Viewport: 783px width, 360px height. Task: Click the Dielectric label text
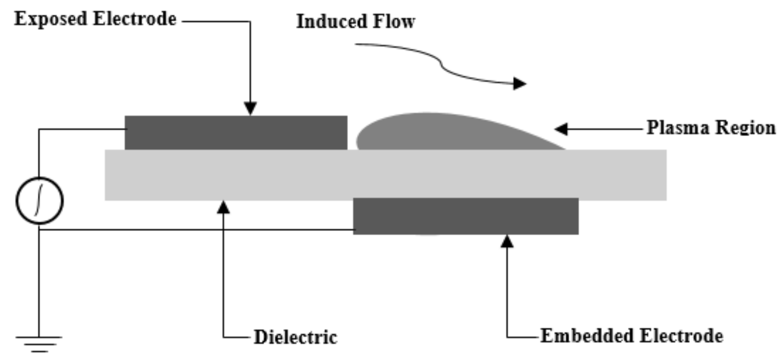click(295, 337)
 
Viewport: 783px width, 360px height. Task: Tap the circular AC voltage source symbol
click(40, 200)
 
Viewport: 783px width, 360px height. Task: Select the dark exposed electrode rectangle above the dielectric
click(236, 133)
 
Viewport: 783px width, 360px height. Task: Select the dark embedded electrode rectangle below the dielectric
click(465, 217)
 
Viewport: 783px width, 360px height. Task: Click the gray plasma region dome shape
click(435, 133)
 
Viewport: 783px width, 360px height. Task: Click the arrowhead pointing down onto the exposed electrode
click(250, 109)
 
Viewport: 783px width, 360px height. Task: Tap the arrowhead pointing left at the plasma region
click(561, 129)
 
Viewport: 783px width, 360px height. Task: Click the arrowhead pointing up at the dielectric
click(223, 207)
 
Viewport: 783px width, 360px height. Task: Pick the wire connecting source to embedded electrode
click(196, 230)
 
